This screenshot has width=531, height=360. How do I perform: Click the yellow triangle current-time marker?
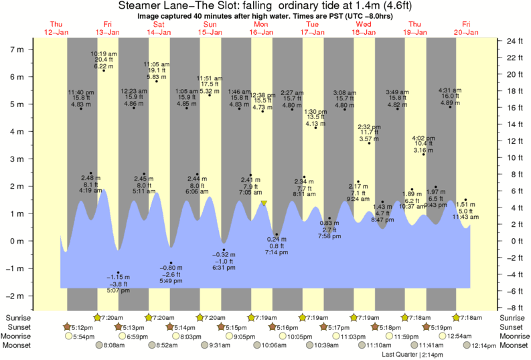[x=264, y=203]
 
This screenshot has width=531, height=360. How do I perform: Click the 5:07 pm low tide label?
[x=118, y=291]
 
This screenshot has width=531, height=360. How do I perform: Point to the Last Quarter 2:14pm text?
[x=411, y=354]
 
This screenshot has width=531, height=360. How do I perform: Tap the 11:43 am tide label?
[x=465, y=217]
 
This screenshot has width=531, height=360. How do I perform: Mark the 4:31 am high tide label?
[x=449, y=90]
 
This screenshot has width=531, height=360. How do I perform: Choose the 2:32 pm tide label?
[x=368, y=126]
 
